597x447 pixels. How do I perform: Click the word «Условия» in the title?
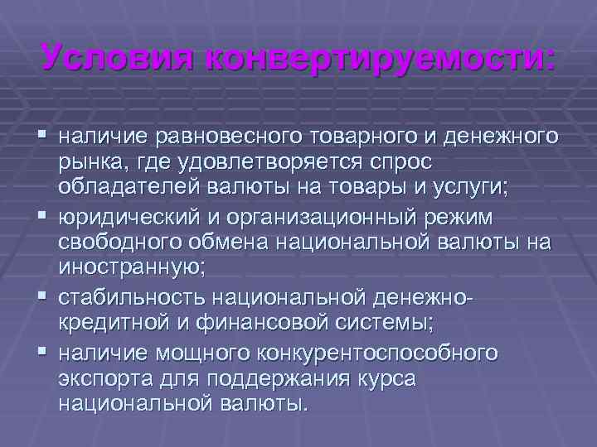[116, 59]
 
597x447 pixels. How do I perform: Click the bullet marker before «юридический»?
[41, 216]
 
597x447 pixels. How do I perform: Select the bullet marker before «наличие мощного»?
[41, 352]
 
